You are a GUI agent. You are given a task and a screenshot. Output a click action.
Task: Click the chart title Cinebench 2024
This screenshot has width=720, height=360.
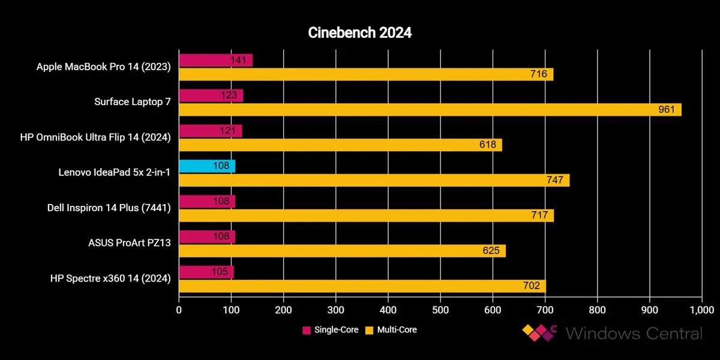pyautogui.click(x=360, y=33)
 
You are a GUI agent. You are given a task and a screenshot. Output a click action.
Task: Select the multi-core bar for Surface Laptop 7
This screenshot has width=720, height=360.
pyautogui.click(x=430, y=110)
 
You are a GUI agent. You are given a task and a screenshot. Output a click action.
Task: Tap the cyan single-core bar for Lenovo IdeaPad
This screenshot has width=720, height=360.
pyautogui.click(x=207, y=166)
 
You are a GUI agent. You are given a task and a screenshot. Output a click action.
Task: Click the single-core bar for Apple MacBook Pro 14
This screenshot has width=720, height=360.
pyautogui.click(x=215, y=60)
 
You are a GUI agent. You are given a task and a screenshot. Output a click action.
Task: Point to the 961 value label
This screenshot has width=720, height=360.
pyautogui.click(x=667, y=110)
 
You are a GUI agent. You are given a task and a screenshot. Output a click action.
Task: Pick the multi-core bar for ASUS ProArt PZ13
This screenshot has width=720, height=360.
pyautogui.click(x=342, y=251)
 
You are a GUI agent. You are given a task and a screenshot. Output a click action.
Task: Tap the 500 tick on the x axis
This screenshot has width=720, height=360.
pyautogui.click(x=440, y=310)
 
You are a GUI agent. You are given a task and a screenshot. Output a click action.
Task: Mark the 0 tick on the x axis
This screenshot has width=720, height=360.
pyautogui.click(x=179, y=310)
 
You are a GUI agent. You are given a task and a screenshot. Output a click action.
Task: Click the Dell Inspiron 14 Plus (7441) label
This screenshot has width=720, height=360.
pyautogui.click(x=109, y=208)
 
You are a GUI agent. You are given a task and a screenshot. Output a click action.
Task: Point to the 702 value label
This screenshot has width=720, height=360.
pyautogui.click(x=532, y=286)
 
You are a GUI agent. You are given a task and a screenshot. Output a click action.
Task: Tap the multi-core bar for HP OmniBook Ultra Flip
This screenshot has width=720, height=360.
pyautogui.click(x=340, y=145)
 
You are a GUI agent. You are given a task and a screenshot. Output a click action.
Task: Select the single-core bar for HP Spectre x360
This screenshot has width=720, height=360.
pyautogui.click(x=206, y=272)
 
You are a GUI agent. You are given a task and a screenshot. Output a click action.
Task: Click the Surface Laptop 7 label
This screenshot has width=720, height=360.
pyautogui.click(x=133, y=102)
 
